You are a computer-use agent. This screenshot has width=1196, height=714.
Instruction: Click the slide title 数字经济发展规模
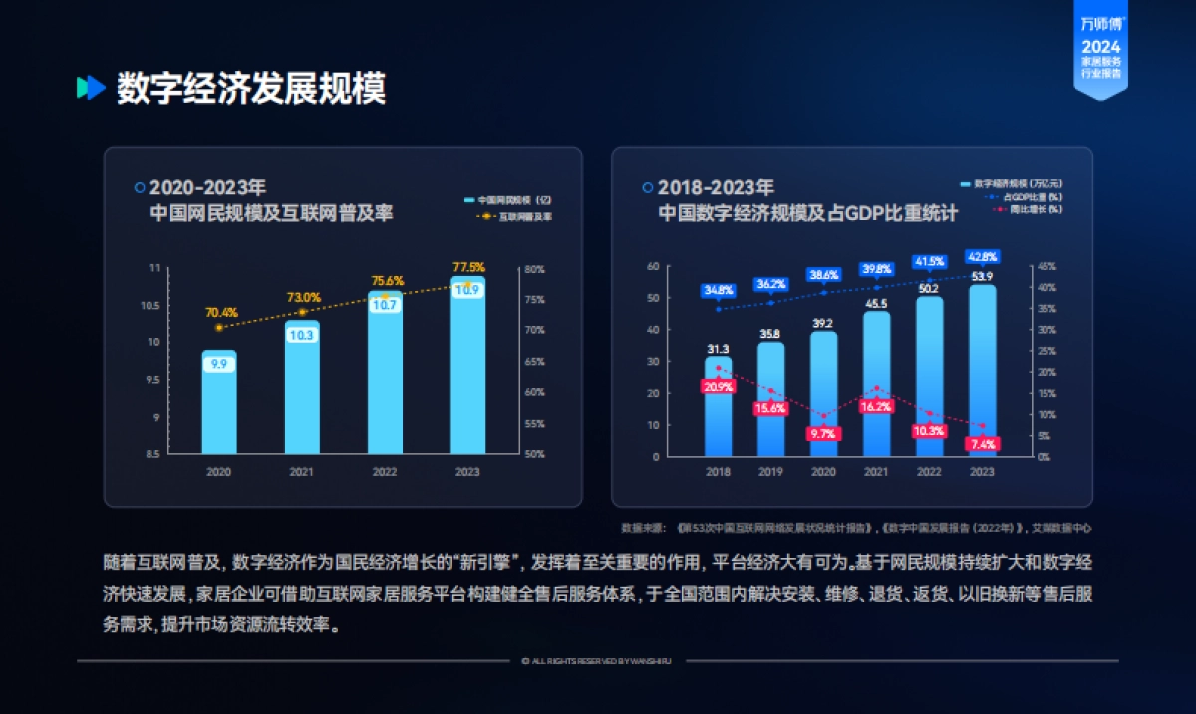[x=250, y=89]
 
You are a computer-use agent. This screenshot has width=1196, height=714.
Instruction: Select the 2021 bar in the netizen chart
[x=301, y=394]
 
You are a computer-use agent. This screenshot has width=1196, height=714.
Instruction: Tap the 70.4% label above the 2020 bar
[x=221, y=312]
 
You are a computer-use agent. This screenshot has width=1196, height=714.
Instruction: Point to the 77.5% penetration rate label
[x=468, y=267]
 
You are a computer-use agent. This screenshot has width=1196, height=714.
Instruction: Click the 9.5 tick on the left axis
[x=153, y=380]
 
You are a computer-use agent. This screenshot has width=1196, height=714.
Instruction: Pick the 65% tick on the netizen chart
[x=534, y=362]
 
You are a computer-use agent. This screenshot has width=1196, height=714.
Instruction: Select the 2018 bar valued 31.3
[x=718, y=409]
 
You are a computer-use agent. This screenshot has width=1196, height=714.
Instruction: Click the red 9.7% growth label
[x=823, y=434]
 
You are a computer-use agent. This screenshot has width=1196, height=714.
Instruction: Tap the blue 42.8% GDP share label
[x=982, y=257]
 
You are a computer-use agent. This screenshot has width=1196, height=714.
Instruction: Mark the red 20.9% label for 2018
[x=718, y=386]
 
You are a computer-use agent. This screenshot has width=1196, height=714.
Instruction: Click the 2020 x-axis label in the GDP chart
[x=823, y=472]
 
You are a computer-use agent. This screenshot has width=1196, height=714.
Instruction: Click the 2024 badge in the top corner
[x=1100, y=47]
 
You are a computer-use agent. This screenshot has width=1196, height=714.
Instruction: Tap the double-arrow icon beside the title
[x=91, y=88]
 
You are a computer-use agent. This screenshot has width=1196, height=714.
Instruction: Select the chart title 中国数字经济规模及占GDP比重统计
[x=806, y=213]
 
